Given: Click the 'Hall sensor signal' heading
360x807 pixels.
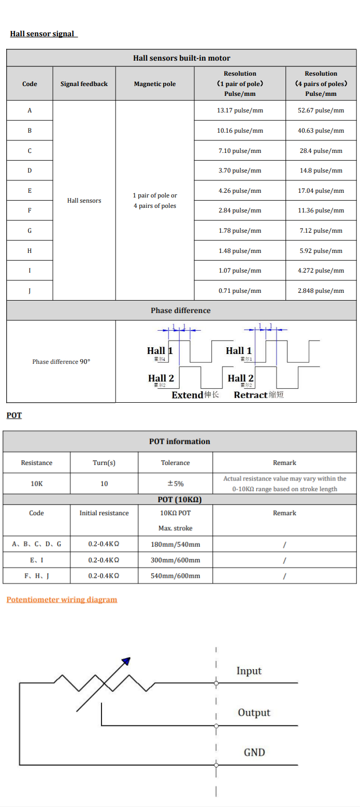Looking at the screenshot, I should pos(43,34).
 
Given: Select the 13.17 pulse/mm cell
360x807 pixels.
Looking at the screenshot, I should pos(240,110).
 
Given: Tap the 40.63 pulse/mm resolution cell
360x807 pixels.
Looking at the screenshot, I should pos(321,131).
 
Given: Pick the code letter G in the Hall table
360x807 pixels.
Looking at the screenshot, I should pos(30,231).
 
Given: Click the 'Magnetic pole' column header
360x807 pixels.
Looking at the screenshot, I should pos(155,84).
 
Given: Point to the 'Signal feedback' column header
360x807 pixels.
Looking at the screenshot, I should pos(84,84).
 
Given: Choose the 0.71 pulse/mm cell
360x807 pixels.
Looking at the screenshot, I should pos(240,291).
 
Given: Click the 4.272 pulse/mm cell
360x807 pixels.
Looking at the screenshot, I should pos(321,271).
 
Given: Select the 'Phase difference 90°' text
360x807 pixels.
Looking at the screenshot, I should pos(61,362).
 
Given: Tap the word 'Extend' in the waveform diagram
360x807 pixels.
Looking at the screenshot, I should pos(188,395).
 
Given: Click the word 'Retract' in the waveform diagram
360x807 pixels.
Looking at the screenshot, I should pos(251,395).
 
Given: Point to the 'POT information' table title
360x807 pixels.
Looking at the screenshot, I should pos(180,442).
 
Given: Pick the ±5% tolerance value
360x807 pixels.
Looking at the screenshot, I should pos(175,484).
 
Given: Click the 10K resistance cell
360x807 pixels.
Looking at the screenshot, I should pos(37,484).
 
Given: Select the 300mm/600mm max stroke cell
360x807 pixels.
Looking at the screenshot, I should pos(175,560).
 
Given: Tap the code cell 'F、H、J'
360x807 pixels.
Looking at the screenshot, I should pos(37,576).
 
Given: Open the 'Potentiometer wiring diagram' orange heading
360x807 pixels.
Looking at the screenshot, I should pos(62,600).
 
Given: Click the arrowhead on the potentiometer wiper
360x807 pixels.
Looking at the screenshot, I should pos(126,661).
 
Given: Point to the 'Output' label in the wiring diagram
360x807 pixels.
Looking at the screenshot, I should pos(254,713).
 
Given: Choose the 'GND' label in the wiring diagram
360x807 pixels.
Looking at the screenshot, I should pos(254,752).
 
